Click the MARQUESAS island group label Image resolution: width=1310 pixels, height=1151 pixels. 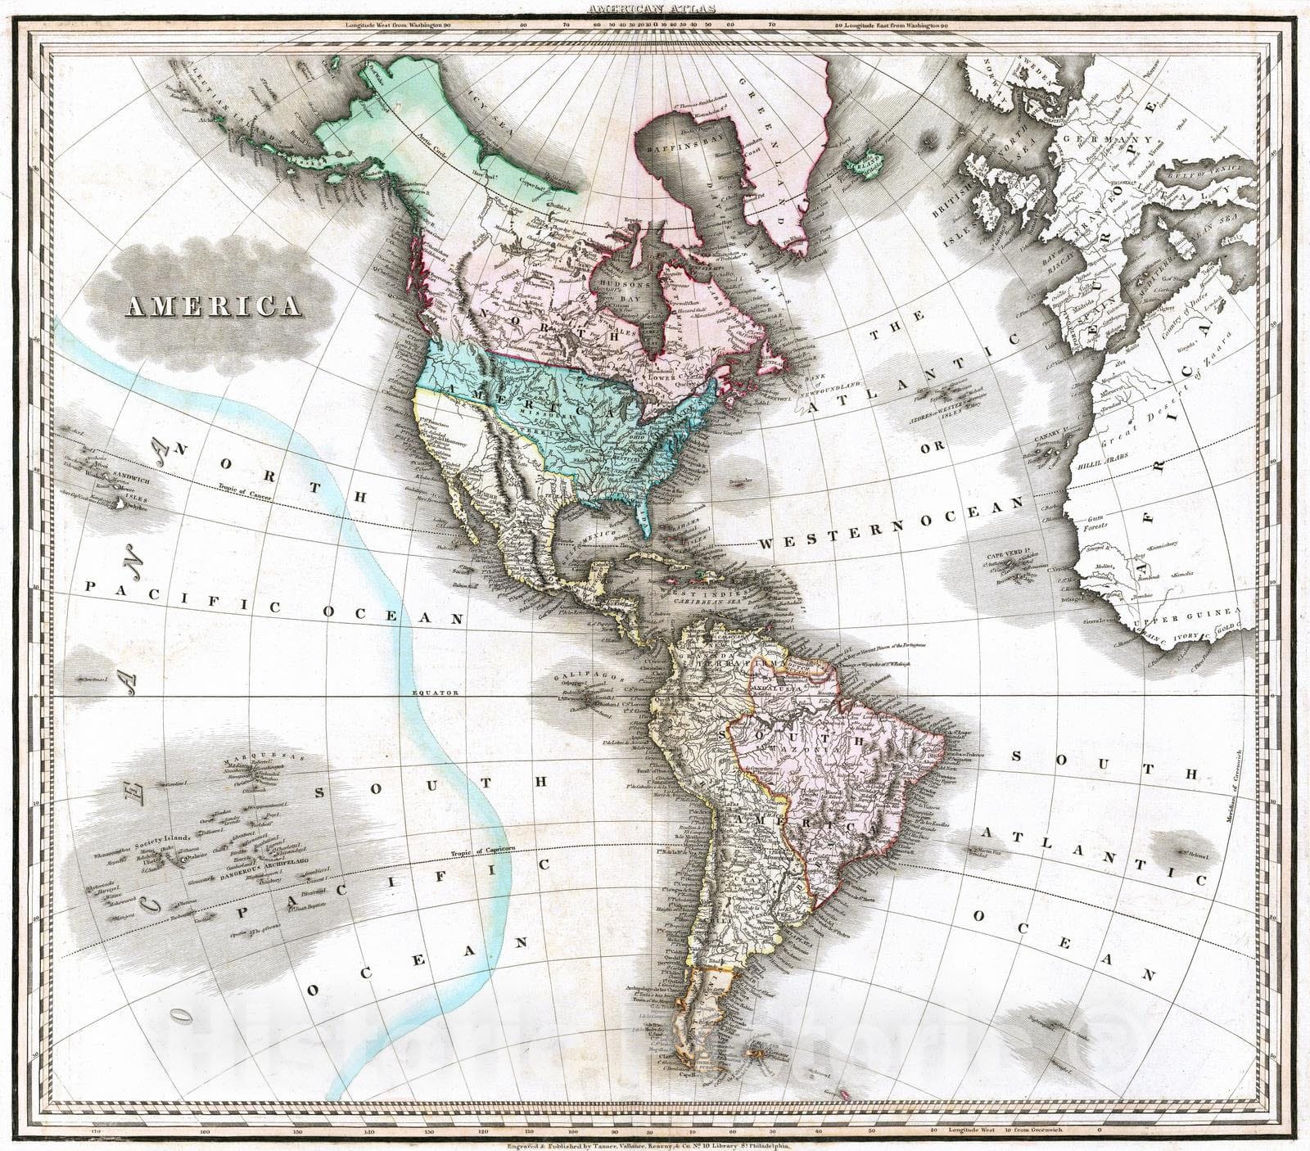click(261, 756)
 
